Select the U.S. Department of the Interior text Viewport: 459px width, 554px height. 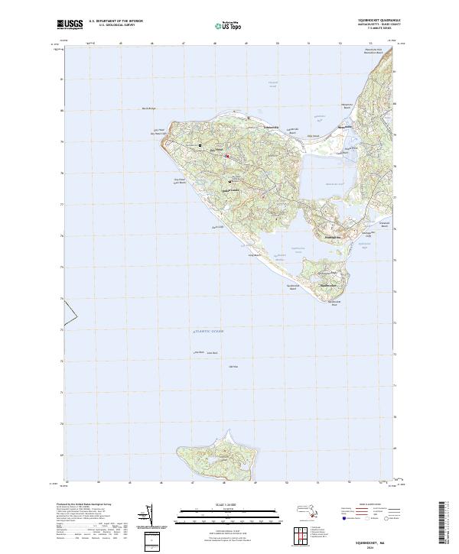coord(116,21)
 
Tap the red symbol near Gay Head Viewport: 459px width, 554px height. coord(226,156)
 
